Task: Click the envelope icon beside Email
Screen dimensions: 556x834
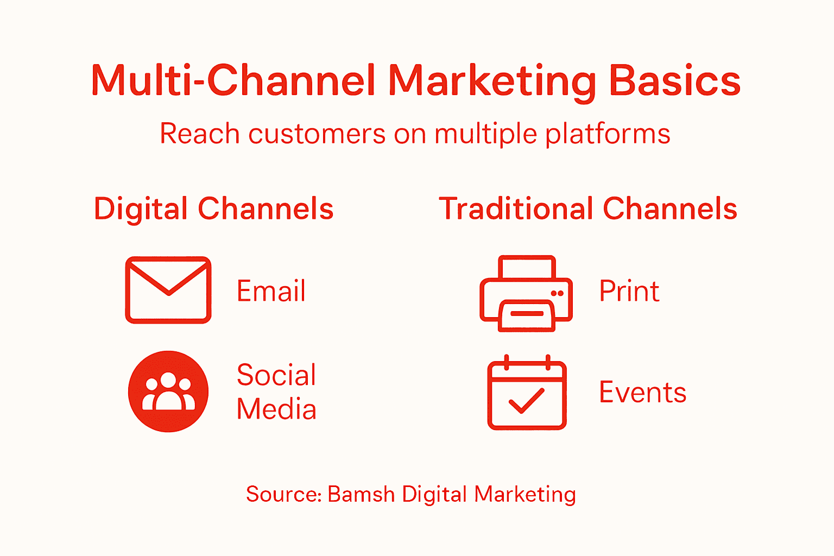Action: (x=168, y=290)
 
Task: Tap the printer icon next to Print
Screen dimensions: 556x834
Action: (x=526, y=293)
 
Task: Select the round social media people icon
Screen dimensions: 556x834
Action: (x=168, y=391)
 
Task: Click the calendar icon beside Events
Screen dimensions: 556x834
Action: (x=527, y=393)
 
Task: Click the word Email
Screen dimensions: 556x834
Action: (x=271, y=291)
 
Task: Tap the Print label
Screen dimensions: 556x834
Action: (x=629, y=291)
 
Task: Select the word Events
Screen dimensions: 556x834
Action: (x=642, y=393)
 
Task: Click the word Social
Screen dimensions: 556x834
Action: (x=276, y=375)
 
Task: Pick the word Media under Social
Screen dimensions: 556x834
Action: (x=276, y=409)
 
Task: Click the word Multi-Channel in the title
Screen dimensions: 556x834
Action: (x=233, y=80)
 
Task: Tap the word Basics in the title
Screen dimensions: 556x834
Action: (x=674, y=80)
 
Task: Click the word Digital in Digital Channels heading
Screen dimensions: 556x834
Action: (x=141, y=210)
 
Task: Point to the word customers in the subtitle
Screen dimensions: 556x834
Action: (x=317, y=134)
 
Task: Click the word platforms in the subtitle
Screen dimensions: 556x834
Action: (x=608, y=135)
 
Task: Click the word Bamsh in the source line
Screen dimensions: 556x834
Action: (x=361, y=494)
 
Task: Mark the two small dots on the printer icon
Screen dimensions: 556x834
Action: (x=557, y=293)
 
